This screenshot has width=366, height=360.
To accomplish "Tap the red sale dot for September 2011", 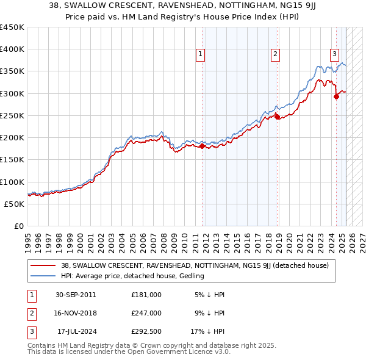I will (203, 146).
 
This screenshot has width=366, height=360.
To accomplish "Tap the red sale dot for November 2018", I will (277, 117).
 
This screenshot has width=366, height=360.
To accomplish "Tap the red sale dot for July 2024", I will (336, 96).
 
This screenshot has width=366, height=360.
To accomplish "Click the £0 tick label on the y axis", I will (20, 226).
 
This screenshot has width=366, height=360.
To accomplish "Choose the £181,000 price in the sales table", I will (146, 295).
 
